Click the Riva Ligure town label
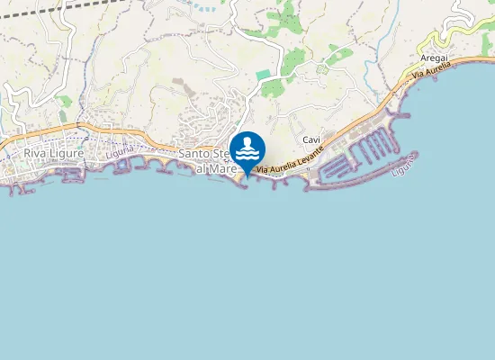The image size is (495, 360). (x=54, y=153)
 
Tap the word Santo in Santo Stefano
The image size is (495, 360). (x=194, y=154)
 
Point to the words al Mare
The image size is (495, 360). (x=216, y=168)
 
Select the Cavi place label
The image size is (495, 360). (x=312, y=139)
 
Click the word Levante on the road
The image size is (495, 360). (x=307, y=161)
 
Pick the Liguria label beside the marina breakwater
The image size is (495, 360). (x=406, y=167)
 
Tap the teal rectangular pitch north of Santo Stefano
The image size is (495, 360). (x=263, y=75)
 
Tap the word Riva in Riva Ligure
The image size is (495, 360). (x=36, y=153)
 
